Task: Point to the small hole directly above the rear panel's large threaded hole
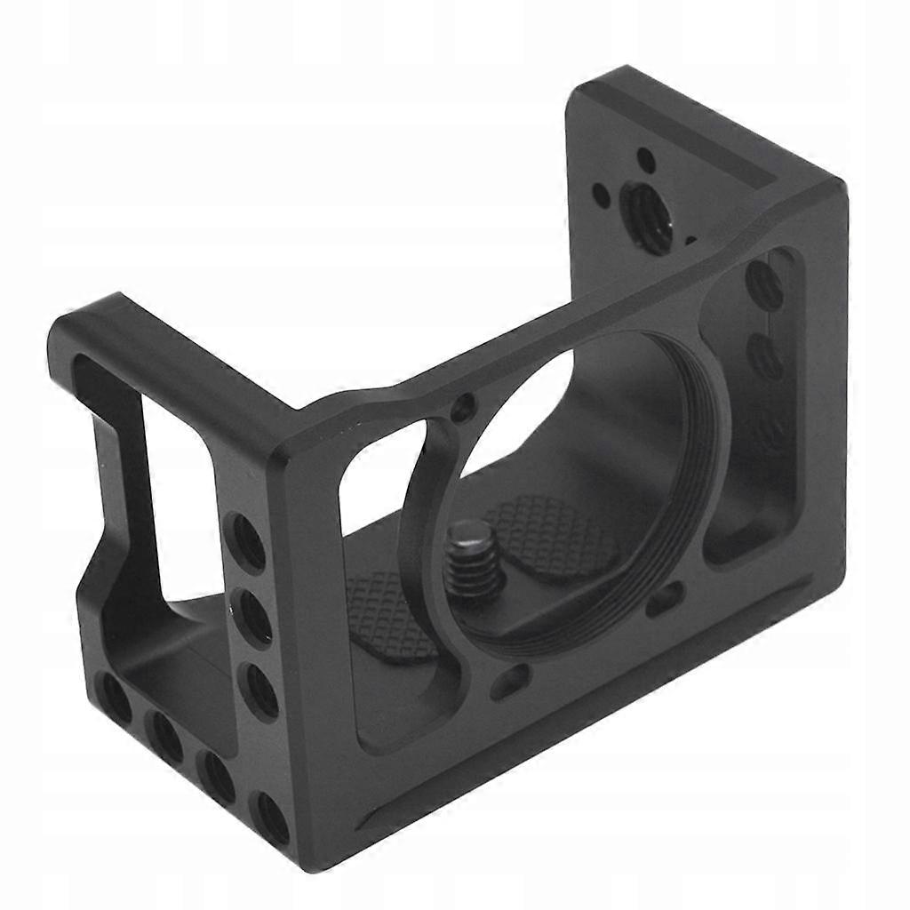[646, 161]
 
